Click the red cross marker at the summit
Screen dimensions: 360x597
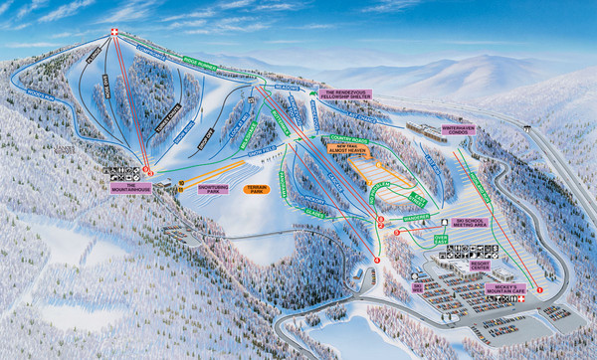(x=114, y=33)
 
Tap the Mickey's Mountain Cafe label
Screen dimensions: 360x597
(x=508, y=289)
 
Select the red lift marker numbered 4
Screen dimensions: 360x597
(x=377, y=261)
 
